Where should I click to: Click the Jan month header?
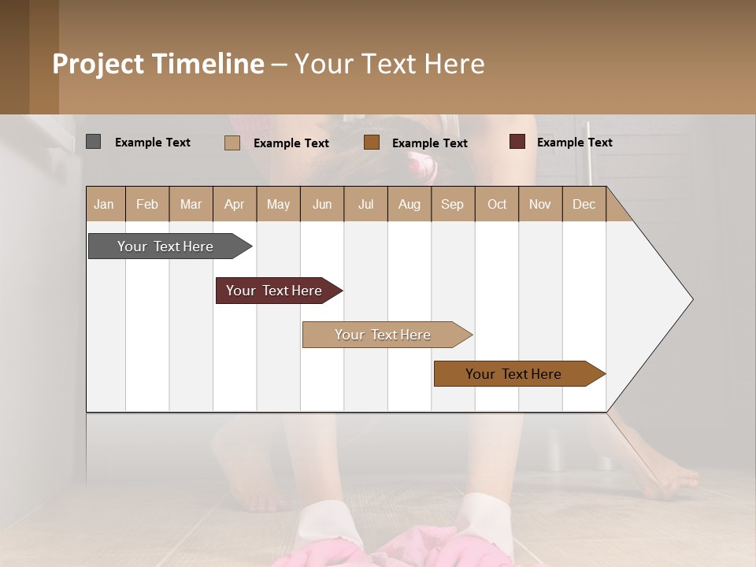point(105,204)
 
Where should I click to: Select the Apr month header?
point(235,204)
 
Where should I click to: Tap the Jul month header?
point(365,204)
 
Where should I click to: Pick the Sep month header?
point(452,204)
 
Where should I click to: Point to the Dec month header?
point(584,204)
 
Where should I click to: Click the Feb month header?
point(147,204)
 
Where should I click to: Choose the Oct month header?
point(497,204)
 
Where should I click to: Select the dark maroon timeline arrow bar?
point(276,291)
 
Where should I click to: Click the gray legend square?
point(93,142)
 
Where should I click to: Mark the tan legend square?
point(232,143)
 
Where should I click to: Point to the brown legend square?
point(372,142)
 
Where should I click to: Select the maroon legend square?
point(517,142)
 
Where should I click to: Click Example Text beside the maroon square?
point(574,143)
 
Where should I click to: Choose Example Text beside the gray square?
point(152,143)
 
